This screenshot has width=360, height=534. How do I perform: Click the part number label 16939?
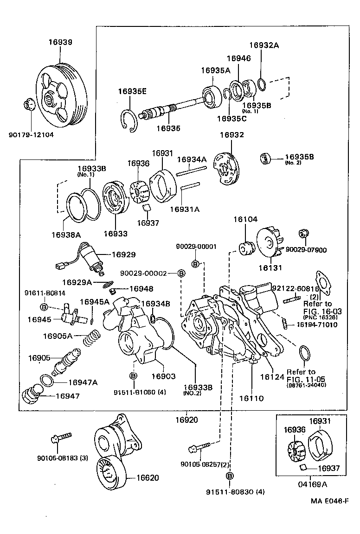pyautogui.click(x=60, y=42)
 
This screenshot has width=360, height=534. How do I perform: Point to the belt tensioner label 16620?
pyautogui.click(x=148, y=477)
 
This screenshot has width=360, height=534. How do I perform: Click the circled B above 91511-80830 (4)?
pyautogui.click(x=230, y=476)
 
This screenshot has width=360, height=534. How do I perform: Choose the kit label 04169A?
pyautogui.click(x=312, y=484)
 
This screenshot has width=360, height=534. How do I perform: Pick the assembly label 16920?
pyautogui.click(x=186, y=420)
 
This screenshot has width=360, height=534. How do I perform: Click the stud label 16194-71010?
pyautogui.click(x=317, y=324)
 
